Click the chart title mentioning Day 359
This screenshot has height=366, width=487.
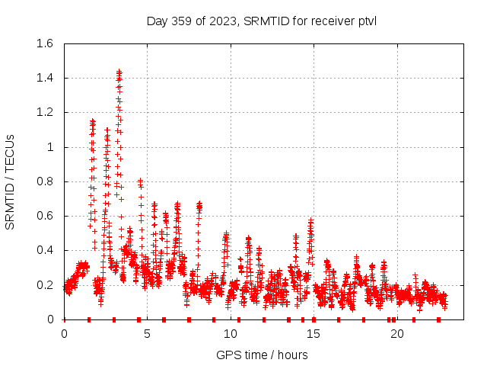pos(261,21)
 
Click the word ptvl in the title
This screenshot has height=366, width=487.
pos(366,21)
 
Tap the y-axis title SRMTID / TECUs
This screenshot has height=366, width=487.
pos(11,181)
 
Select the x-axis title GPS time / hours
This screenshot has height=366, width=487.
pos(261,355)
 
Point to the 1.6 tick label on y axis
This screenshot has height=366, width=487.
pos(44,43)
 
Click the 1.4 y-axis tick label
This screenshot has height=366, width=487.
pos(44,78)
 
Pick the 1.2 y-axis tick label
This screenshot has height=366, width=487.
pos(44,112)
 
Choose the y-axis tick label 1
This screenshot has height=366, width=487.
pos(49,147)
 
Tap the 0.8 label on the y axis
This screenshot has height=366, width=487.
pos(44,181)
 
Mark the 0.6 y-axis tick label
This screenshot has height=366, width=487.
pos(44,216)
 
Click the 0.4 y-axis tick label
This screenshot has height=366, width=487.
pos(44,250)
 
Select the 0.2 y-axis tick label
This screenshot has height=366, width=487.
pos(44,285)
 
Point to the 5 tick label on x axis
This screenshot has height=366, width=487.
pos(147,333)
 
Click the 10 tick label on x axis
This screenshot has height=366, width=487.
pos(230,333)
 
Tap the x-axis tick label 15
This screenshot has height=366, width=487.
pos(313,333)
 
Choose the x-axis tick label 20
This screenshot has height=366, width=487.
pos(396,333)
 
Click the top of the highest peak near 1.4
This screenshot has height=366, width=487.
pos(119,71)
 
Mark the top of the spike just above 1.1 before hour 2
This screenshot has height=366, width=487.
pos(93,120)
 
